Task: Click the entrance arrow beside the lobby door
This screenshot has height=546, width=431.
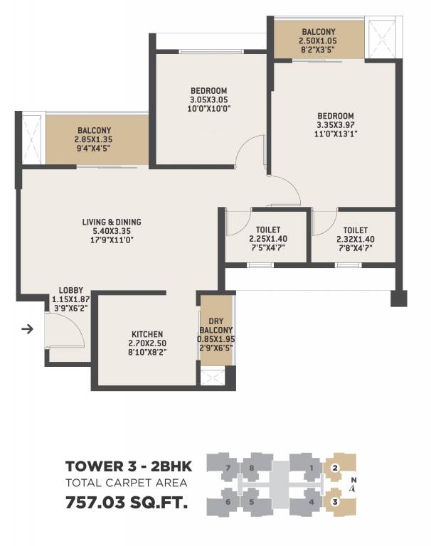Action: [x=28, y=329]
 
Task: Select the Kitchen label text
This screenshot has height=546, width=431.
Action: [x=147, y=334]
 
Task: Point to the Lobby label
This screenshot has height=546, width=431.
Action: [x=71, y=290]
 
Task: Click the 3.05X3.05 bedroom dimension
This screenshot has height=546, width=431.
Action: [x=208, y=100]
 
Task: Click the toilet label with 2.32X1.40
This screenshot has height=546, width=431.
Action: [x=355, y=230]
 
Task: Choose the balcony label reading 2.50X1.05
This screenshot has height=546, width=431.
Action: [x=319, y=33]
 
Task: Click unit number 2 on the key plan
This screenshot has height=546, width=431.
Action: [x=334, y=468]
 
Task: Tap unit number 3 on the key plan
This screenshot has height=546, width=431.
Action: [x=334, y=502]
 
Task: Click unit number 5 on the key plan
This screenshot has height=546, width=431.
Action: [x=252, y=502]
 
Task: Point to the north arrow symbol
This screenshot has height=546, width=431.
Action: [x=353, y=488]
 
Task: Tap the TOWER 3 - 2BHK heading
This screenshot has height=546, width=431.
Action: [x=126, y=466]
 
